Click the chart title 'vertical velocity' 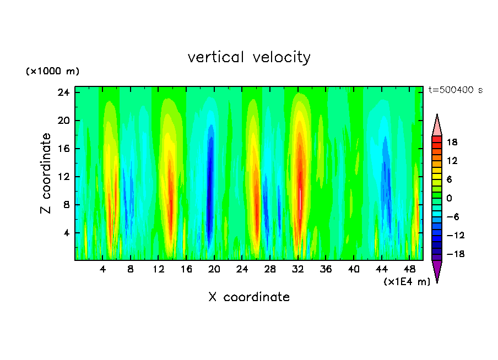[x=249, y=57]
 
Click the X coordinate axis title [x=249, y=297]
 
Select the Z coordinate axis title [x=46, y=174]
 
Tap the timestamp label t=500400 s [x=456, y=90]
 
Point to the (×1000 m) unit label [x=52, y=72]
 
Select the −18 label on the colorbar [x=452, y=254]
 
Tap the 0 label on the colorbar [x=450, y=198]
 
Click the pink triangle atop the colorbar [x=437, y=126]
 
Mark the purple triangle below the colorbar [x=437, y=270]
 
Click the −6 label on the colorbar [x=452, y=217]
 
